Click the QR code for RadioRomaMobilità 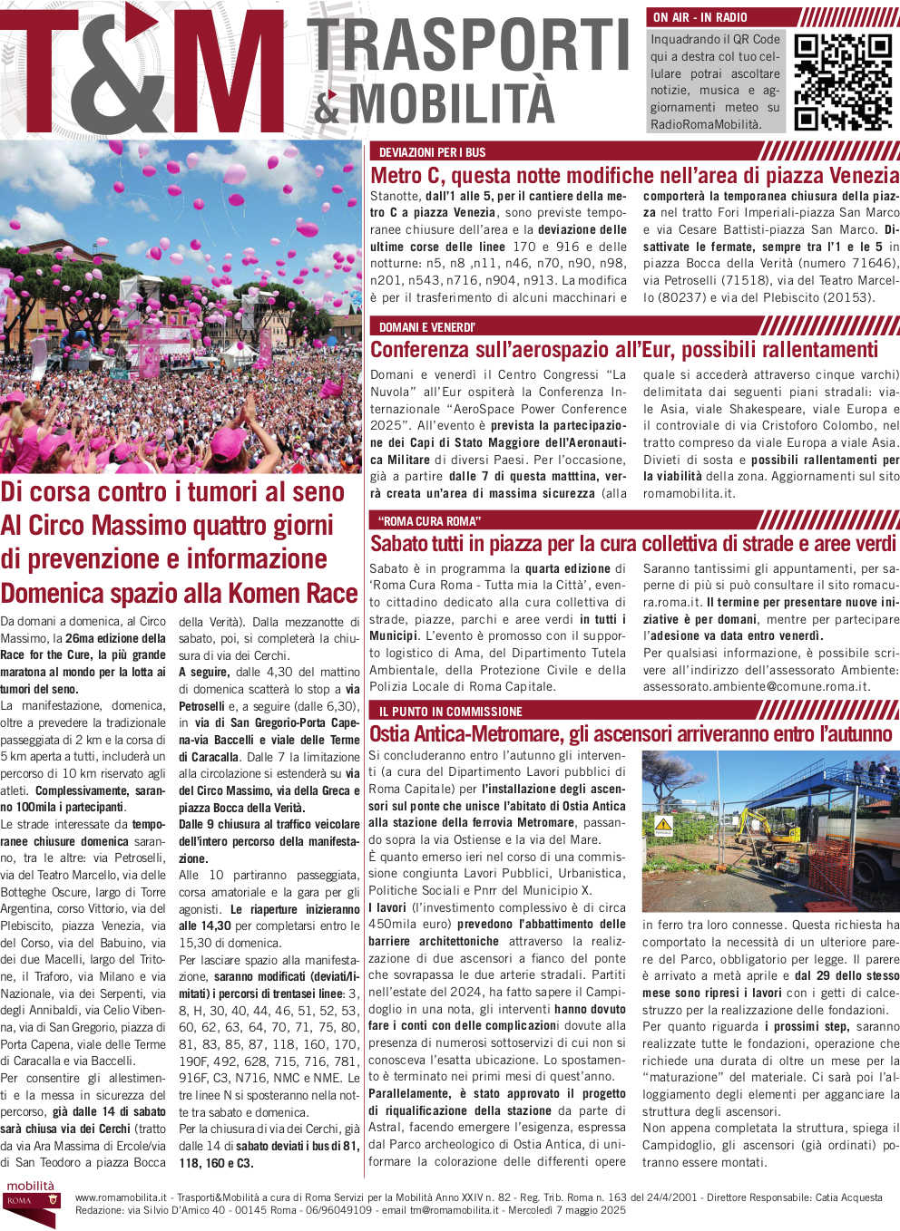[x=843, y=82]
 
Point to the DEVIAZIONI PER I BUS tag [x=432, y=152]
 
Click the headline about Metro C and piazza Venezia [x=634, y=176]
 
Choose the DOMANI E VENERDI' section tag [x=426, y=327]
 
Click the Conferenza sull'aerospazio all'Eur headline [x=624, y=350]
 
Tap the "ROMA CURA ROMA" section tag [x=429, y=521]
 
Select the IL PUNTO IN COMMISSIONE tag [x=450, y=712]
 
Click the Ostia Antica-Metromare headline [x=631, y=734]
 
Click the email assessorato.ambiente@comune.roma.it [x=756, y=687]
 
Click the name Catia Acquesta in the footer [x=848, y=1197]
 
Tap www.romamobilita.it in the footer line [x=121, y=1197]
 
